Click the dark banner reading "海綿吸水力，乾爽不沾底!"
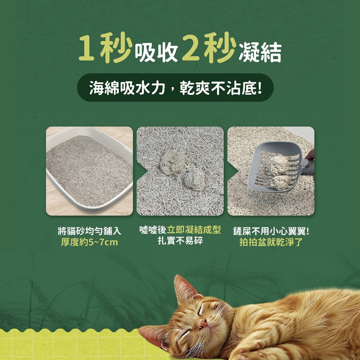click(x=175, y=87)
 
